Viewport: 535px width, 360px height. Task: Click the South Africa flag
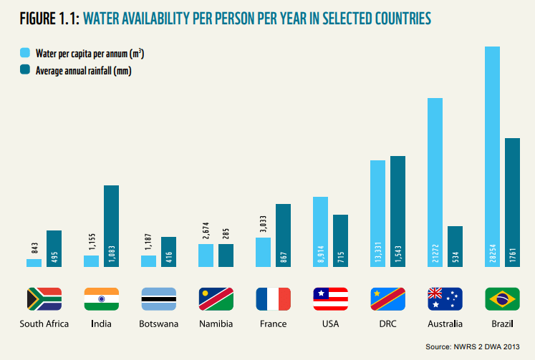pyautogui.click(x=44, y=299)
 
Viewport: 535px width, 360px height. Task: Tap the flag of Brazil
pyautogui.click(x=502, y=299)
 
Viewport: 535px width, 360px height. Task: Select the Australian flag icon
pyautogui.click(x=445, y=299)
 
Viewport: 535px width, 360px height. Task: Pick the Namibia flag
pyautogui.click(x=216, y=299)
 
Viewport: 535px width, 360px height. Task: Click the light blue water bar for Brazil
pyautogui.click(x=492, y=157)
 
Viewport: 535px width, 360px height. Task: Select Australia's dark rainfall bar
pyautogui.click(x=456, y=247)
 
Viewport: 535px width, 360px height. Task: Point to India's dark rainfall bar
pyautogui.click(x=111, y=226)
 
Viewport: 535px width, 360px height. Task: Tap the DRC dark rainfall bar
pyautogui.click(x=397, y=212)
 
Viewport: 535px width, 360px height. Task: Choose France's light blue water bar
pyautogui.click(x=263, y=253)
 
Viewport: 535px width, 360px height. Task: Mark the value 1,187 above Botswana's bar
pyautogui.click(x=149, y=240)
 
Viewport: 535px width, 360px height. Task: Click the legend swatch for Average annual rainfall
pyautogui.click(x=25, y=69)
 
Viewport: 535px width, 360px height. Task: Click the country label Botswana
pyautogui.click(x=158, y=324)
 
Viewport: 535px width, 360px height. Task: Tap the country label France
pyautogui.click(x=273, y=324)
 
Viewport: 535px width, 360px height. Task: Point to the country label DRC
pyautogui.click(x=387, y=324)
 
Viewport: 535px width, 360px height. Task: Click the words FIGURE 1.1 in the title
pyautogui.click(x=44, y=18)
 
